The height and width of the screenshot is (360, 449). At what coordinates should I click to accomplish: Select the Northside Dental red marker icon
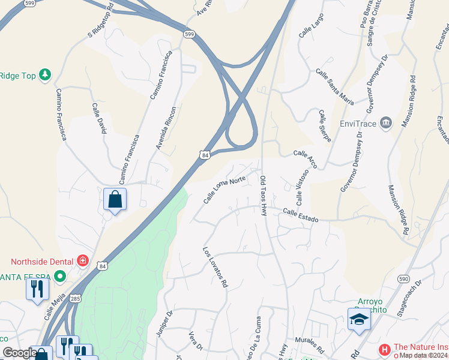(82, 262)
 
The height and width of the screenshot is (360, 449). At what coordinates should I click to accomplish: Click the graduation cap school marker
(359, 319)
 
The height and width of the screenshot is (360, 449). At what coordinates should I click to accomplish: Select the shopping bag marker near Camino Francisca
(115, 199)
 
